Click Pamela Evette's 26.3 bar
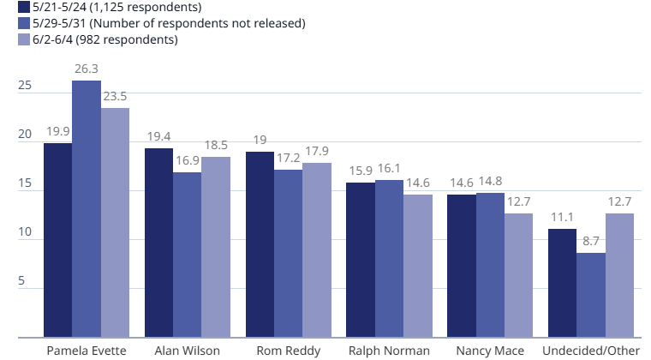[x=87, y=209]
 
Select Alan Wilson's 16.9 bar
[x=188, y=255]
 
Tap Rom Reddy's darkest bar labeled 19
[x=260, y=244]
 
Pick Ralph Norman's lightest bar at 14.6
[x=418, y=266]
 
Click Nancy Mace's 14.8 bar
[x=490, y=265]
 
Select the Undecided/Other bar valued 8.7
[x=591, y=295]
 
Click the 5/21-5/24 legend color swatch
[x=24, y=7]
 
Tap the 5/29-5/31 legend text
[x=169, y=23]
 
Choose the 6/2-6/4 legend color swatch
[x=24, y=39]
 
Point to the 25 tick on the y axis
[x=25, y=85]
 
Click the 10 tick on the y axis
[x=25, y=231]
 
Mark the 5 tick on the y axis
[x=21, y=280]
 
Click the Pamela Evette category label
[x=87, y=351]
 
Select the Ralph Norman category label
[x=389, y=351]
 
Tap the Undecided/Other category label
[x=591, y=351]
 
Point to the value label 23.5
[x=115, y=96]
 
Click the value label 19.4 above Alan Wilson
[x=159, y=136]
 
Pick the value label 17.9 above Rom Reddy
[x=317, y=151]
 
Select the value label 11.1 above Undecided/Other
[x=562, y=217]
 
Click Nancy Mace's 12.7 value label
[x=519, y=201]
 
